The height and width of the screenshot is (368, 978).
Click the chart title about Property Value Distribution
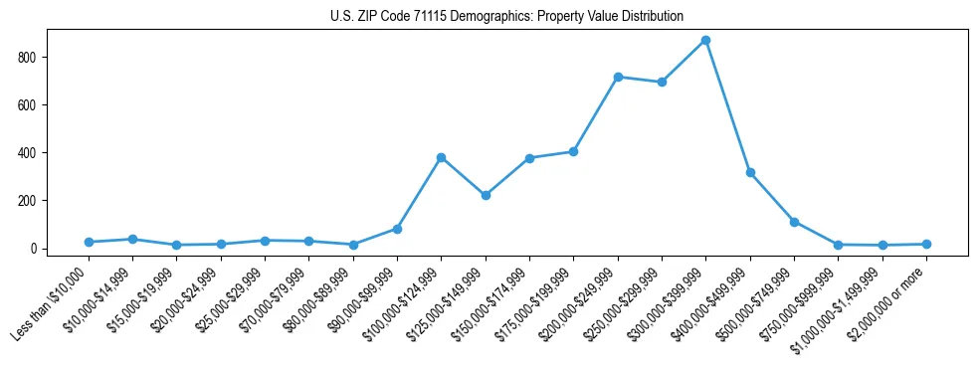506,16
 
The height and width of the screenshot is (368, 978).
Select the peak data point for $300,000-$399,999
705,40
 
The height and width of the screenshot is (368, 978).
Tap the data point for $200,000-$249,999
618,77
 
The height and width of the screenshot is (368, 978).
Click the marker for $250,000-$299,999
662,82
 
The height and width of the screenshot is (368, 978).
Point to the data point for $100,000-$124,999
441,157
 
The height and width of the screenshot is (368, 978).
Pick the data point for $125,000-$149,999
486,195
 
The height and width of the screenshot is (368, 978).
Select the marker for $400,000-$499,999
750,172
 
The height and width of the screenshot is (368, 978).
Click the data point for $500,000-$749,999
794,222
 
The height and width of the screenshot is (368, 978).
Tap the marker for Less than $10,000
89,242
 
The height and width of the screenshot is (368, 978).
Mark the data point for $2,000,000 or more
926,244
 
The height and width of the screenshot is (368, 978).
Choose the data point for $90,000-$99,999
397,229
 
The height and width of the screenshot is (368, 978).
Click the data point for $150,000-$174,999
529,158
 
